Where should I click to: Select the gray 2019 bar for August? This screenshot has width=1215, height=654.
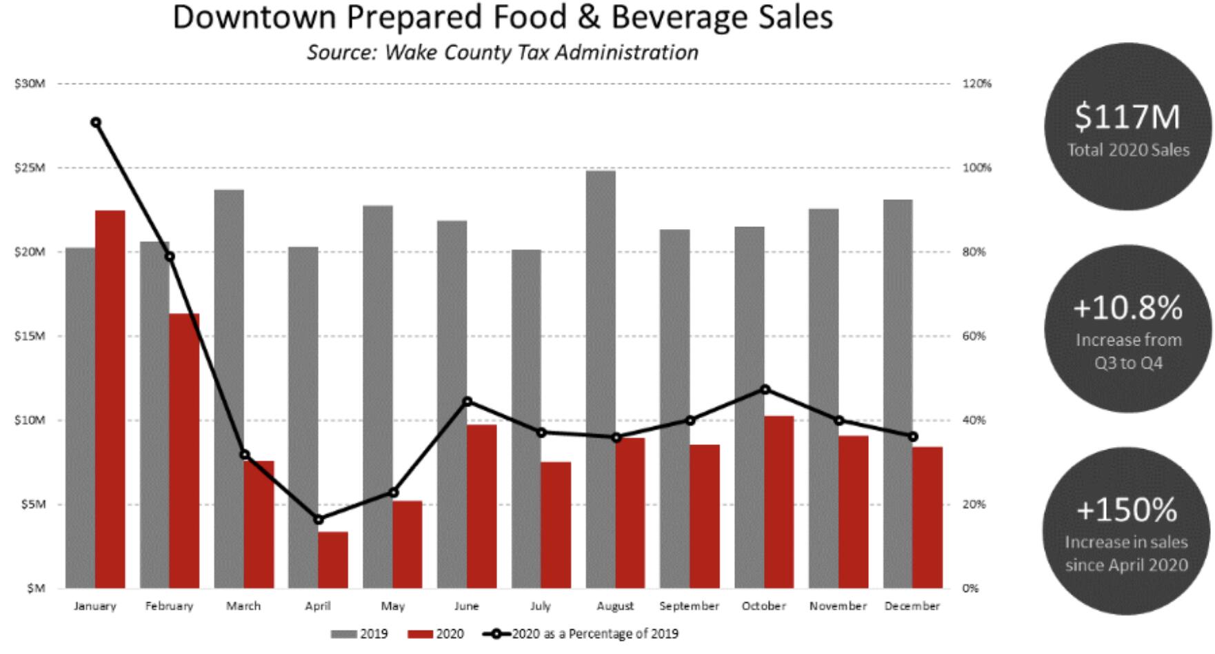[601, 379]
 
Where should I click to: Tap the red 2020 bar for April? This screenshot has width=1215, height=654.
[333, 559]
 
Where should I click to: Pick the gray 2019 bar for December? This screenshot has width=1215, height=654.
[898, 394]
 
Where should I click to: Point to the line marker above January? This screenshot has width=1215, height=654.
[96, 123]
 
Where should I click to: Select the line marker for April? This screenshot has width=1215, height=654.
[319, 519]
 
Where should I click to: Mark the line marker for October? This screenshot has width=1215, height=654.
[765, 390]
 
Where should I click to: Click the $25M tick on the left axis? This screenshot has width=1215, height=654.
[30, 168]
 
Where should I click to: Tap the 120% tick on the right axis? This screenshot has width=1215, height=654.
[976, 83]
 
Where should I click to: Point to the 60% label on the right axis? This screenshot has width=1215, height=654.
[974, 336]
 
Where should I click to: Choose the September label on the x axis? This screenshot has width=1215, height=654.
[689, 606]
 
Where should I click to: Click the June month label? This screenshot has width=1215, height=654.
[467, 606]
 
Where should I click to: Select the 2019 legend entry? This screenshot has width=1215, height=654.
[359, 634]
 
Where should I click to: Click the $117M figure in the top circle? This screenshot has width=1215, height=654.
[1127, 117]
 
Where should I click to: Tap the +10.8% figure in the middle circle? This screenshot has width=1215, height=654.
[1127, 308]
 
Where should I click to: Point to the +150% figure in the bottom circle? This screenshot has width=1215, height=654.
[1127, 510]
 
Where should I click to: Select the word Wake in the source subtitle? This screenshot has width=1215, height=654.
[410, 52]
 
